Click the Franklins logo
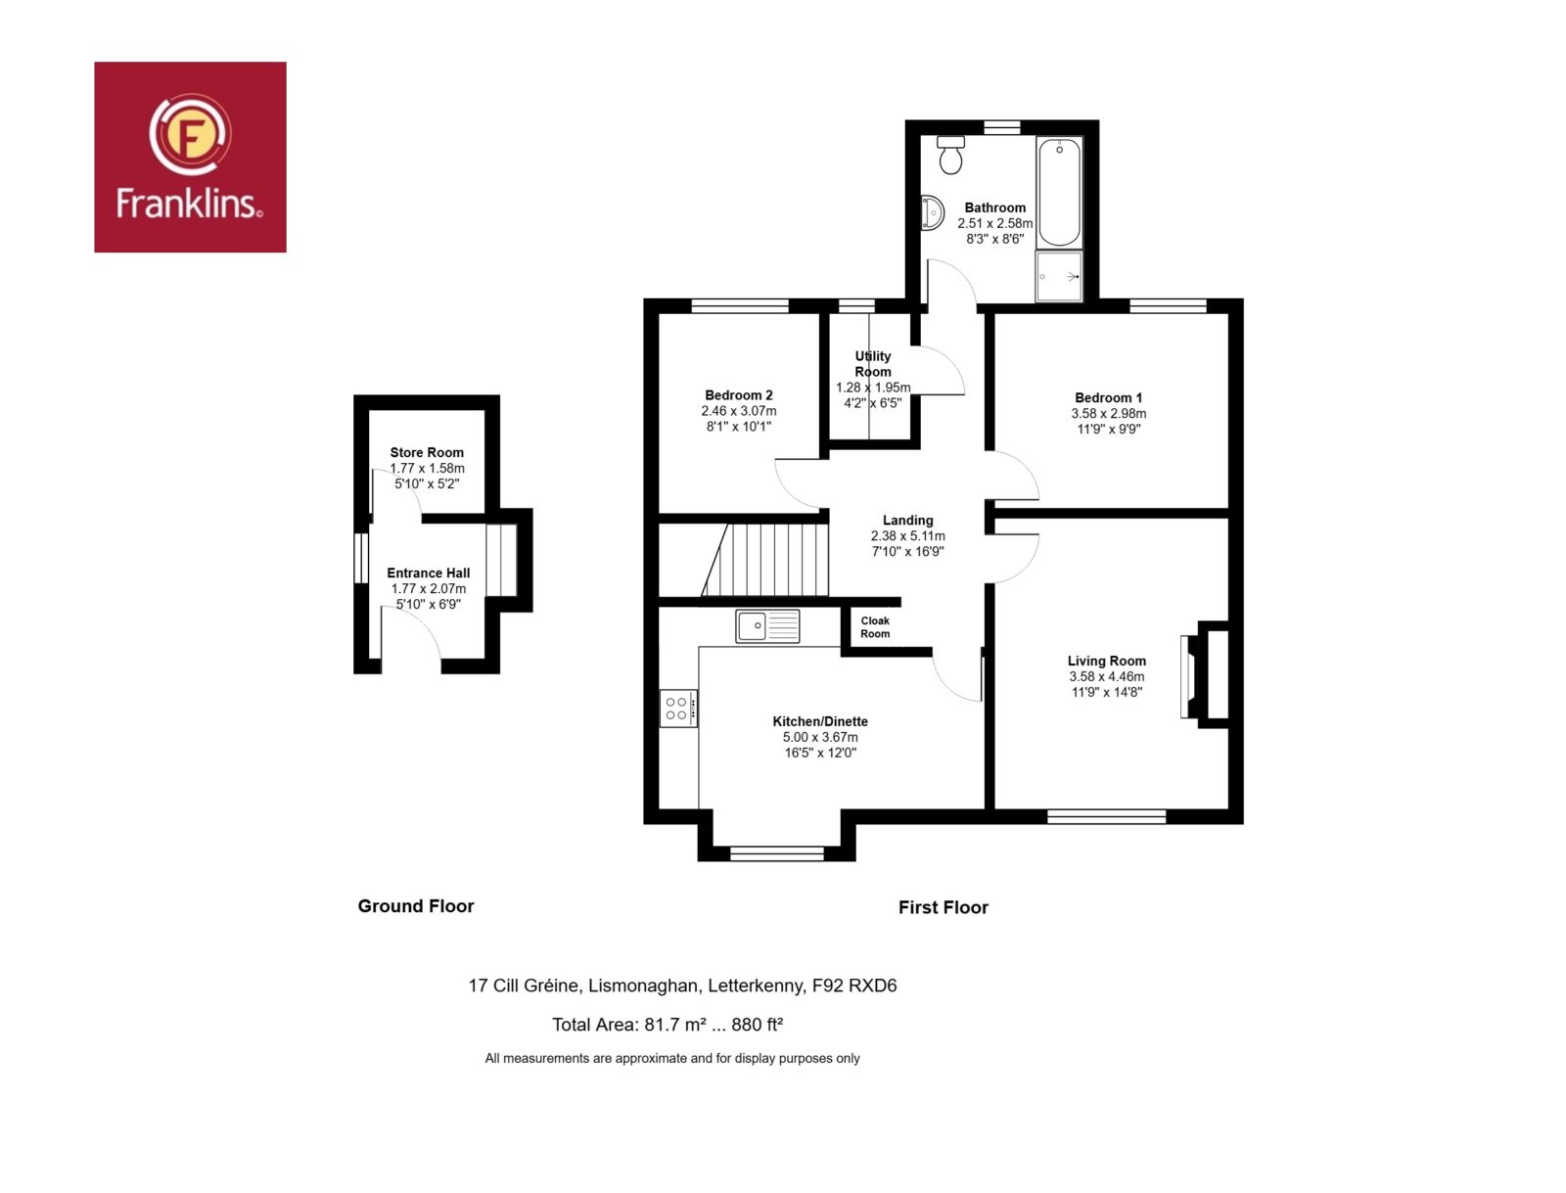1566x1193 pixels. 190,157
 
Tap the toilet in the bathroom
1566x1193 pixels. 950,155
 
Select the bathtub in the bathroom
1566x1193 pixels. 1059,193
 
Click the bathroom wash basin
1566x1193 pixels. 932,213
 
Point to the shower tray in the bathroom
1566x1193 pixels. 1059,276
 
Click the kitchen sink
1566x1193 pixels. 767,626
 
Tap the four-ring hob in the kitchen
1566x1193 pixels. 677,709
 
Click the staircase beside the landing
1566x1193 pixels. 764,560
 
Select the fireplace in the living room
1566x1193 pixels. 1205,675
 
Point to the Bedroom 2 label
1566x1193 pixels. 738,395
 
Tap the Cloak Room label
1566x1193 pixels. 875,626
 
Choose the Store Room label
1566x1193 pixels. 427,452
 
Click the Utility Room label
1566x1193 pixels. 872,364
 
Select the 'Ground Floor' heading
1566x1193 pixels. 416,905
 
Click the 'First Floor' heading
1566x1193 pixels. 944,907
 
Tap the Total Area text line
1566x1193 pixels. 668,1024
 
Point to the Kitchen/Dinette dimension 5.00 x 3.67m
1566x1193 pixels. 820,737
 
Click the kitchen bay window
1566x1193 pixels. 776,852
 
